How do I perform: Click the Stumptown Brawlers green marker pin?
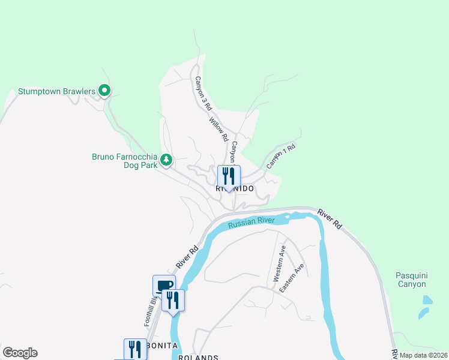(x=104, y=91)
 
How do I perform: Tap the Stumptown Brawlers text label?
(x=56, y=91)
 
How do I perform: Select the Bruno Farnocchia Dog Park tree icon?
(x=166, y=160)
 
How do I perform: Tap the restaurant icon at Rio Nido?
(x=229, y=176)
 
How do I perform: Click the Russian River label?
(x=251, y=223)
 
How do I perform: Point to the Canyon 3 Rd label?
(x=202, y=93)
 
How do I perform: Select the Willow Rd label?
(x=219, y=129)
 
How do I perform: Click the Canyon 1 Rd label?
(x=282, y=155)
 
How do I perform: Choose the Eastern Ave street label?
(x=297, y=277)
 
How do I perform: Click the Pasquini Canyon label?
(x=411, y=280)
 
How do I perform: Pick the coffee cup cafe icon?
(x=164, y=285)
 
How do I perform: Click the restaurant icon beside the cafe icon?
(x=173, y=299)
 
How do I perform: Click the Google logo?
(x=20, y=353)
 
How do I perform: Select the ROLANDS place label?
(x=197, y=357)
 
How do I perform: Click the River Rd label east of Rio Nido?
(x=330, y=219)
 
